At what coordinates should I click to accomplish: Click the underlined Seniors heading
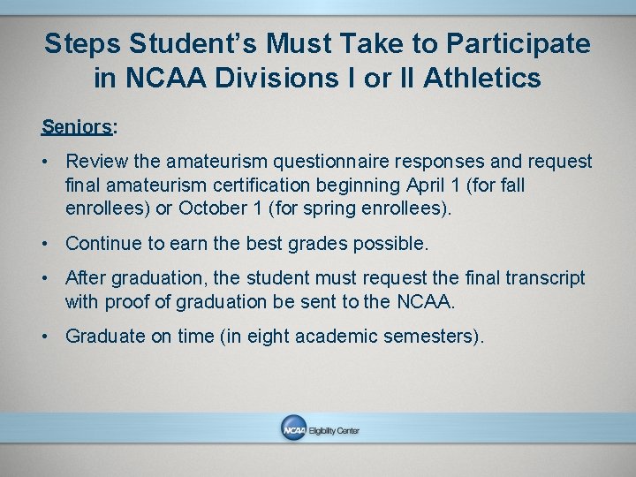(77, 126)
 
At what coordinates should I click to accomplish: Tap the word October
(213, 208)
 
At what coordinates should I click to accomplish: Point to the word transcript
(545, 278)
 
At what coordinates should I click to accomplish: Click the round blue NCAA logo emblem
(293, 429)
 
